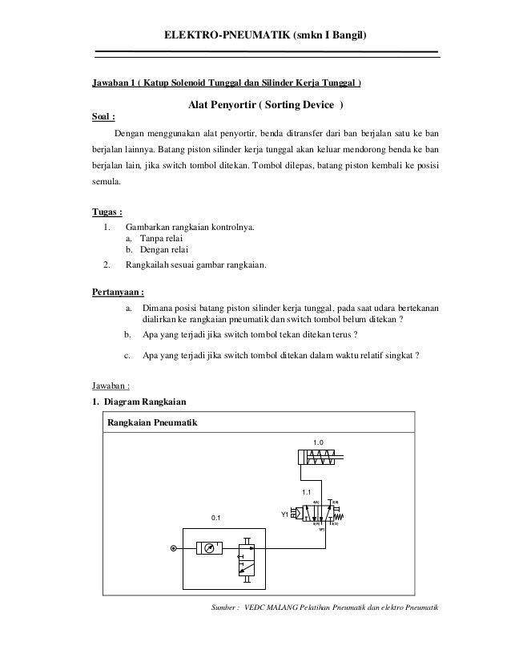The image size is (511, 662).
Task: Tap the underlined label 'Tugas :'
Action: pos(109,212)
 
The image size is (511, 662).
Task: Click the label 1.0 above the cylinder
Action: pos(318,442)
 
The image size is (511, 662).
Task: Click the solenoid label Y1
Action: pos(284,515)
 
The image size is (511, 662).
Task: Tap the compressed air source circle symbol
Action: pos(172,549)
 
